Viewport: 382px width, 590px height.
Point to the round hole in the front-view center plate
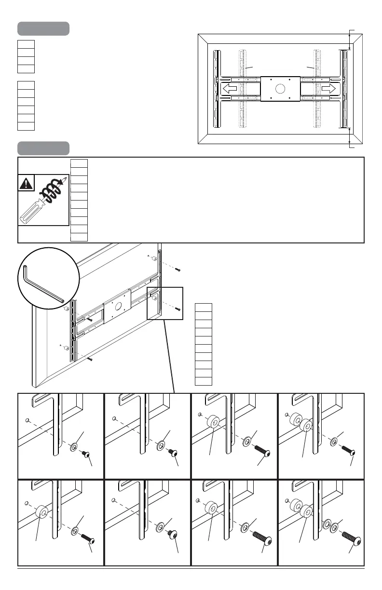279,89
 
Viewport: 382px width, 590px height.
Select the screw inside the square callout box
178,308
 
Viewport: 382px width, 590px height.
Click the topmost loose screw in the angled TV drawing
177,269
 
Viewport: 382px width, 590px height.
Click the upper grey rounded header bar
43,28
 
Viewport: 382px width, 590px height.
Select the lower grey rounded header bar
43,147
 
